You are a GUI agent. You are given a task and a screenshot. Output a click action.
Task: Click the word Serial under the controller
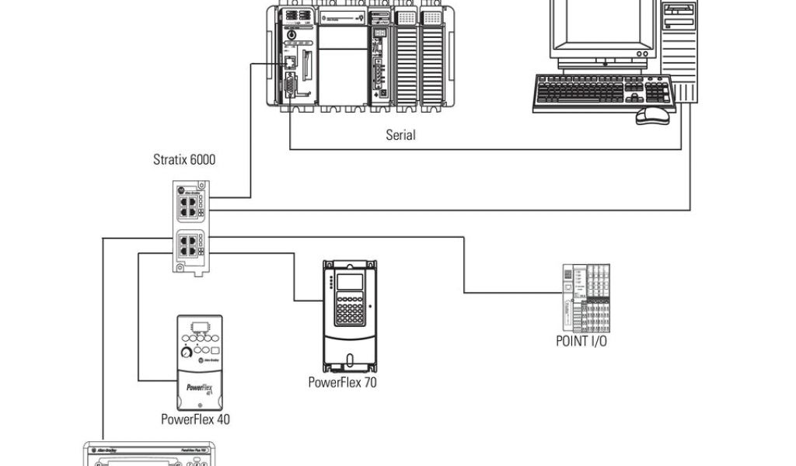click(x=400, y=135)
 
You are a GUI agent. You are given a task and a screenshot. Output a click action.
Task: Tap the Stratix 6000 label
click(x=184, y=161)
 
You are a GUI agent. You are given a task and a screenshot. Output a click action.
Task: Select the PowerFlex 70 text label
click(x=343, y=381)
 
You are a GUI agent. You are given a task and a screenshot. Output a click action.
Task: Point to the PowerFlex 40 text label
click(x=195, y=419)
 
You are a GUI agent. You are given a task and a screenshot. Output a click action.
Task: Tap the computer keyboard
click(x=602, y=93)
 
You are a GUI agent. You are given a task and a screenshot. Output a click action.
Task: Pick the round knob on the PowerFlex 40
click(x=186, y=353)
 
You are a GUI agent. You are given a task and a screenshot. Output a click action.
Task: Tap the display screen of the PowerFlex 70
click(x=351, y=285)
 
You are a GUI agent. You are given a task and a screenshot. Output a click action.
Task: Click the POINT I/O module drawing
click(x=585, y=298)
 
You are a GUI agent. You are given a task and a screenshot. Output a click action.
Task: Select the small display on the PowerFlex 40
click(x=199, y=325)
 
